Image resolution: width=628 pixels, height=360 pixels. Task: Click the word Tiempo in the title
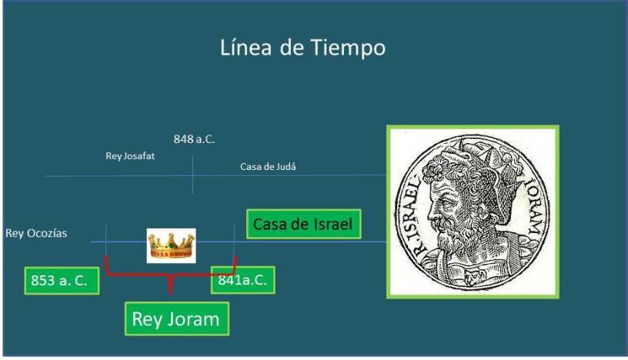click(x=348, y=48)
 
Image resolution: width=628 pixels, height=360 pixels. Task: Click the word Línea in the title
click(x=246, y=47)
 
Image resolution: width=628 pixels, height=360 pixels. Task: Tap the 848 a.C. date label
click(x=194, y=139)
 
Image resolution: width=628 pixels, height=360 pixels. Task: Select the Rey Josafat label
click(x=130, y=156)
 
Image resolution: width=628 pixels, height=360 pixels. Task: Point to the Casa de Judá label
click(x=268, y=167)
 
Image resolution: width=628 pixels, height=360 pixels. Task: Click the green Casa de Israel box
click(x=303, y=225)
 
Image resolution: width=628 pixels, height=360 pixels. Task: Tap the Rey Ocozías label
click(x=36, y=233)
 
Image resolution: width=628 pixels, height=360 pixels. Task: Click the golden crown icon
click(x=171, y=246)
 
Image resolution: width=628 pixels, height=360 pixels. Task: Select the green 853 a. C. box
click(x=62, y=281)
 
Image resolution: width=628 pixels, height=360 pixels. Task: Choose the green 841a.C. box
click(x=242, y=280)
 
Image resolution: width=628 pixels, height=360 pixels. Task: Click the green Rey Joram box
click(x=177, y=319)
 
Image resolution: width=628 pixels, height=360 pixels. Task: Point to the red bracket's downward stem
click(x=171, y=285)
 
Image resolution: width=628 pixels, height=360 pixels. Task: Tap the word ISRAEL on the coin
click(x=409, y=212)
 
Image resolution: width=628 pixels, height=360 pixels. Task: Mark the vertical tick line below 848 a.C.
click(x=192, y=175)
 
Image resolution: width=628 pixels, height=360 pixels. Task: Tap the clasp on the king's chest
click(x=474, y=275)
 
